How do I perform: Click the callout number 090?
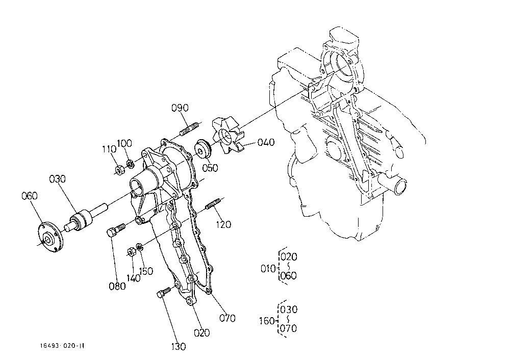[x=180, y=108]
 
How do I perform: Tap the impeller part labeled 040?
[x=227, y=135]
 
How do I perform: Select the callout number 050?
[x=210, y=168]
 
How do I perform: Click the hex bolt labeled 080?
[x=115, y=230]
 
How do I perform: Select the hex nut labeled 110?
[x=120, y=170]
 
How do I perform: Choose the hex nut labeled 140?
[x=131, y=252]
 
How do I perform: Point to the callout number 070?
[x=227, y=318]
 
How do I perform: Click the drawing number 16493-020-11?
[x=62, y=346]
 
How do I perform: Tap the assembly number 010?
[x=268, y=268]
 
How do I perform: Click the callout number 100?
[x=124, y=143]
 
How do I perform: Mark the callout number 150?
[x=146, y=271]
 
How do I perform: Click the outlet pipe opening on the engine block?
[x=400, y=188]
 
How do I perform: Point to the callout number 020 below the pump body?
[x=202, y=332]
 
